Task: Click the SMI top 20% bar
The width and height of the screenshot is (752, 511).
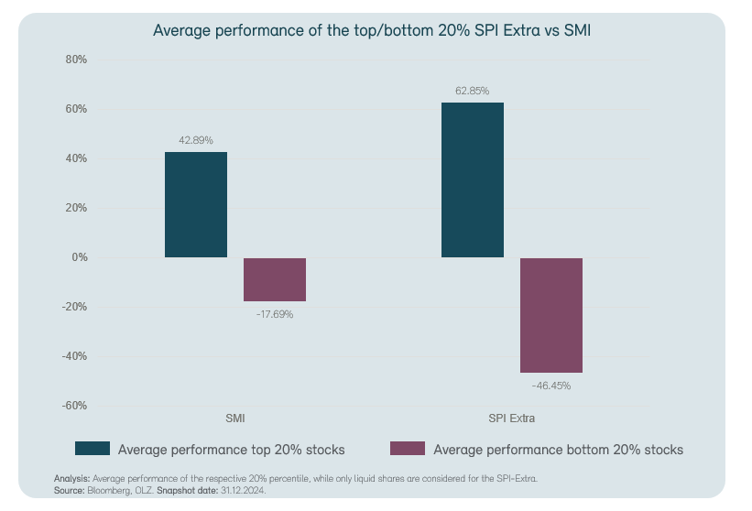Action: coord(196,204)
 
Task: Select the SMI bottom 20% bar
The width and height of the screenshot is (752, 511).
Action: coord(275,279)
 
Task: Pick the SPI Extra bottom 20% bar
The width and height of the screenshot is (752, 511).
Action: coord(551,315)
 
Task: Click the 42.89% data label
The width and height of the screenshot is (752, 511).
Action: coord(196,140)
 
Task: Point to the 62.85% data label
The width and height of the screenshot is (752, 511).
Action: coord(473,91)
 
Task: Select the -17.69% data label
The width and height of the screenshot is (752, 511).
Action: coord(275,314)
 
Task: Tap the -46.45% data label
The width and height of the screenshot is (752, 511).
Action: coord(551,386)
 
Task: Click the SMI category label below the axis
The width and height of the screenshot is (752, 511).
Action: coord(235,419)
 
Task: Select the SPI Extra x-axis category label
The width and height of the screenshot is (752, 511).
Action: coord(512,419)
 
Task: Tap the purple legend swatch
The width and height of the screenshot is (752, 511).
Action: coord(407,449)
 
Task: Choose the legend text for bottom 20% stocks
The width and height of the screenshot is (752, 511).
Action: coord(558,450)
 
